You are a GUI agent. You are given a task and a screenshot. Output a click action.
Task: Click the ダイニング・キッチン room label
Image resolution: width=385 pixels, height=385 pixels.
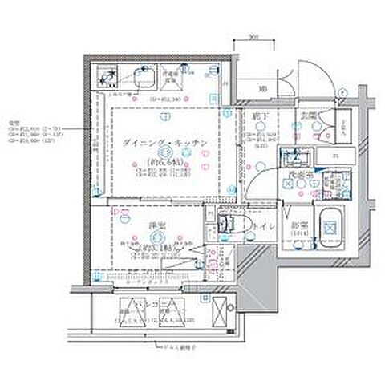pos(166,142)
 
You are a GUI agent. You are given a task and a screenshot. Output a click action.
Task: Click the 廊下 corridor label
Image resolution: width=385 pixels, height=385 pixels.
pos(257,118)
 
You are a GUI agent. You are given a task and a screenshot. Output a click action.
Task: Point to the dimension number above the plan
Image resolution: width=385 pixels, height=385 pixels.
pos(251,36)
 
